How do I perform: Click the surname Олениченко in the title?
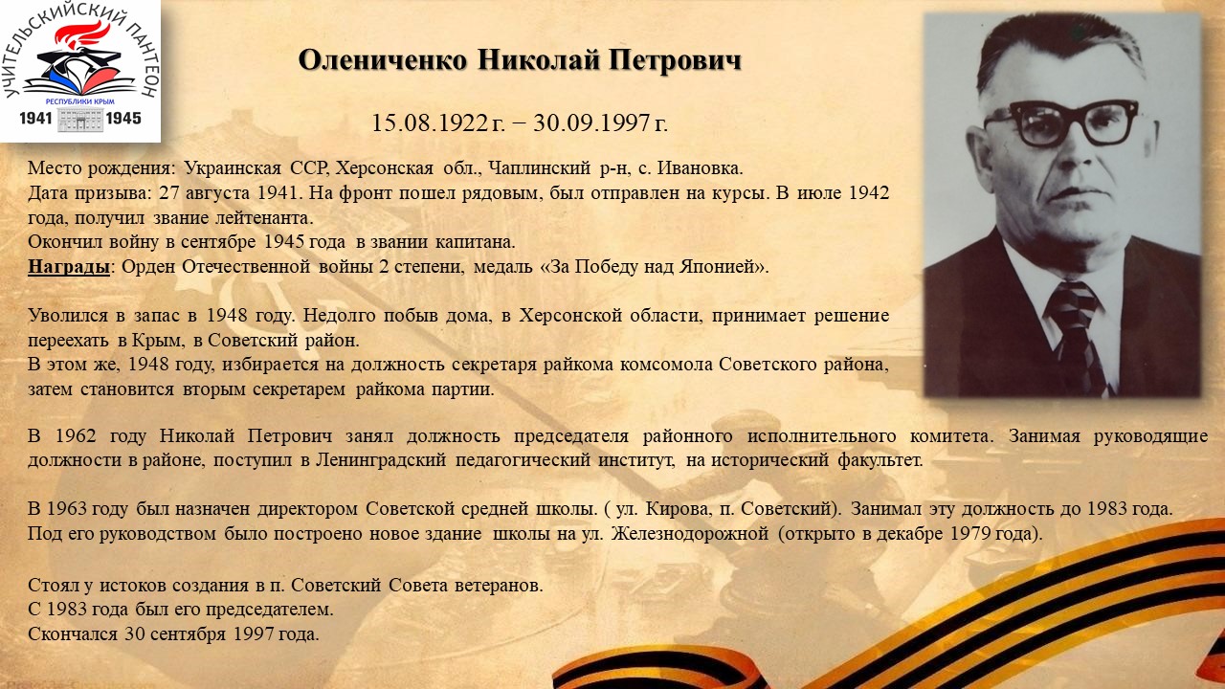click(383, 59)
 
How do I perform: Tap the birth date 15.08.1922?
click(430, 123)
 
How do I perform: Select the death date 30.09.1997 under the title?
click(591, 123)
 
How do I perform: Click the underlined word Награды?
click(69, 267)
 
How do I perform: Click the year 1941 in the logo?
click(35, 118)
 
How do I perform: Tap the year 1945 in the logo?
click(123, 118)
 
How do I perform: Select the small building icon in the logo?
click(79, 120)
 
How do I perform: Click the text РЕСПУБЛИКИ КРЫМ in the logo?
click(79, 101)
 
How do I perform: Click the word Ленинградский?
click(381, 460)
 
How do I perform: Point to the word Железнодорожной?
click(690, 533)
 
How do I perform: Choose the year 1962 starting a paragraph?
click(76, 436)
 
